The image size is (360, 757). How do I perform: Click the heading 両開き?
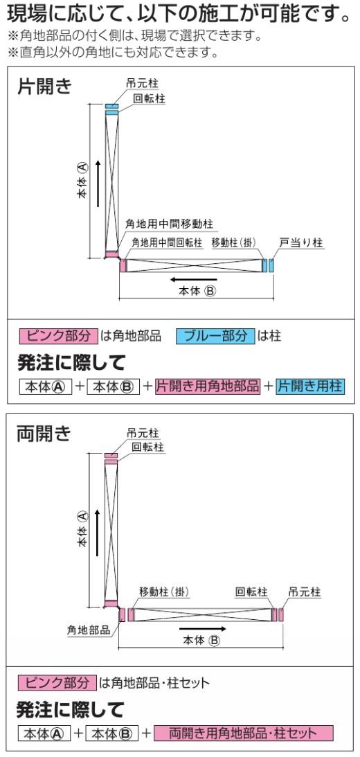44,434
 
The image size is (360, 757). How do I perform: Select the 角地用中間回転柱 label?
167,242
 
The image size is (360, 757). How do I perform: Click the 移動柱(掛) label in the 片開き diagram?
233,242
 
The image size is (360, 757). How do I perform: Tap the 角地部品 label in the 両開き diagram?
89,630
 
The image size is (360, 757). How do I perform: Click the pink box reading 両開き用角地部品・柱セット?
243,733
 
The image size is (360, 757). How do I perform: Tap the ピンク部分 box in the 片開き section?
58,336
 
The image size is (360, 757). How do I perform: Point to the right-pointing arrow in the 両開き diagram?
202,629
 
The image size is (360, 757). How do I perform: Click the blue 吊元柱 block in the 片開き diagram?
112,106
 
